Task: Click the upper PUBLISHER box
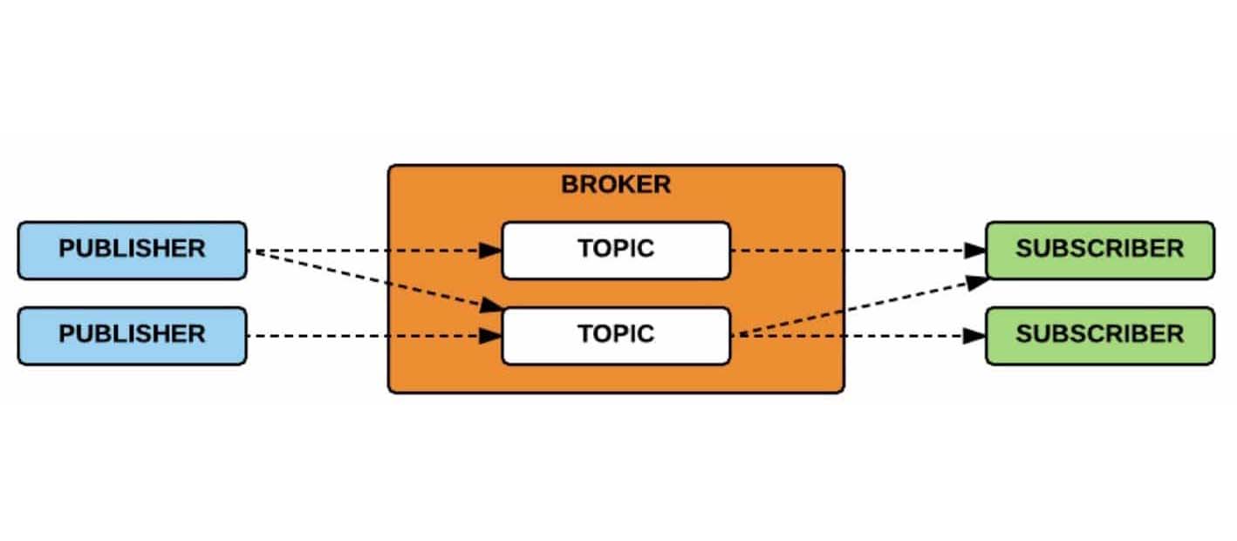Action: (132, 250)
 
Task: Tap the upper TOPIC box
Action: (615, 250)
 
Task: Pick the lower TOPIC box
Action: (615, 336)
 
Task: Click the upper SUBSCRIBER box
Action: (1099, 250)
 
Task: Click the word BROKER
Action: (615, 185)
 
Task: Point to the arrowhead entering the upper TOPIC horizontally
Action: (491, 250)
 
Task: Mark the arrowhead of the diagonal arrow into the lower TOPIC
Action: (493, 306)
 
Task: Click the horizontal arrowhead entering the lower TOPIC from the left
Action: (491, 336)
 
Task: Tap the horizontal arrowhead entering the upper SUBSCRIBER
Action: (974, 250)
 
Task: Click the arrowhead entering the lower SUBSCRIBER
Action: (974, 336)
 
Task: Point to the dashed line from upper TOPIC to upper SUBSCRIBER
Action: (851, 250)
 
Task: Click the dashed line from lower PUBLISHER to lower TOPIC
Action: (366, 336)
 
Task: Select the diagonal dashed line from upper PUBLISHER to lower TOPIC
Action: (366, 278)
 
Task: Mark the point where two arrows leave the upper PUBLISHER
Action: (250, 251)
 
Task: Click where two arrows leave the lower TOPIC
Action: (733, 336)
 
